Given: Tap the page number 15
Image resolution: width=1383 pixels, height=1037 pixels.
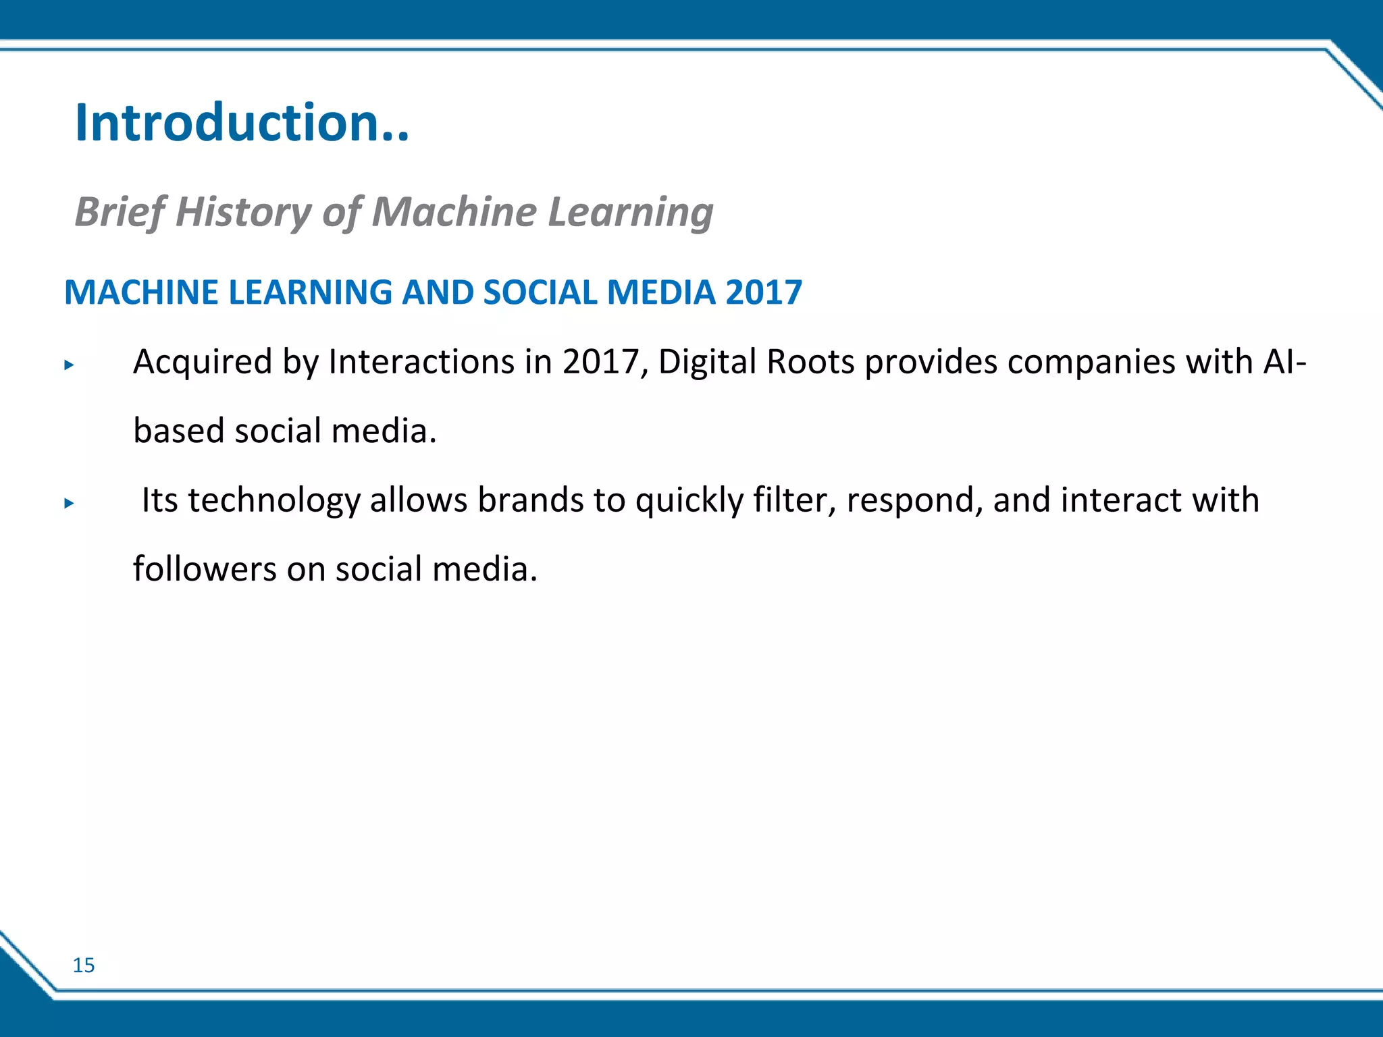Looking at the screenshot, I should (x=84, y=965).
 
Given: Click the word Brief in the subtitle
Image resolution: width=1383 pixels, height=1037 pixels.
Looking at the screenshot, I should (x=119, y=212).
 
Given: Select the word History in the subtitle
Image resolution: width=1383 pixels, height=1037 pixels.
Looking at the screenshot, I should (x=243, y=212).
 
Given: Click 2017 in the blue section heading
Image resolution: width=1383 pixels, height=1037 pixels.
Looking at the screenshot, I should (x=764, y=293).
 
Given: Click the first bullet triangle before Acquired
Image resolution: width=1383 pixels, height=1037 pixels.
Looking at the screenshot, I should (x=68, y=365).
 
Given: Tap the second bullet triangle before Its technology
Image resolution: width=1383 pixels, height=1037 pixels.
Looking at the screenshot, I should (x=68, y=503).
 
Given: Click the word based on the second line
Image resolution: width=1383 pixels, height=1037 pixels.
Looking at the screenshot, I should (x=179, y=431).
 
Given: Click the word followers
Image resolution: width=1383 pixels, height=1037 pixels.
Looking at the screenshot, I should (x=205, y=569).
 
